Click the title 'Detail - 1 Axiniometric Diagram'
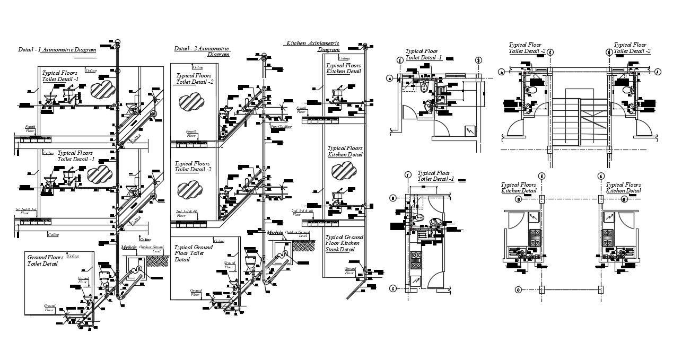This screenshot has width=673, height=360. (x=57, y=49)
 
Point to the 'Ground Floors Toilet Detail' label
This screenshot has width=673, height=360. (x=45, y=260)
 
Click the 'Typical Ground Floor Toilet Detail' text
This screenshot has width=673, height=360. (x=194, y=253)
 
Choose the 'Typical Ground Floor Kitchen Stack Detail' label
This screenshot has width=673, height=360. (x=344, y=243)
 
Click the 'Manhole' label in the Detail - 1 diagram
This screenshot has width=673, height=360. (x=129, y=248)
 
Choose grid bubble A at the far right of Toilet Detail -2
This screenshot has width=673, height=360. (x=657, y=72)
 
